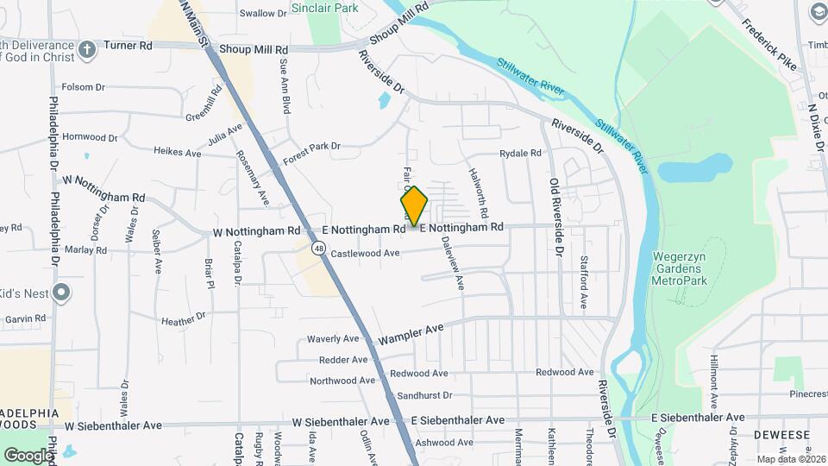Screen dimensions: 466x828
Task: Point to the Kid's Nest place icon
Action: pyautogui.click(x=60, y=293)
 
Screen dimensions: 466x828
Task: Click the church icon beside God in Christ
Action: pyautogui.click(x=86, y=49)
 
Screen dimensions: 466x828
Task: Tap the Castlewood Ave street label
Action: pyautogui.click(x=366, y=254)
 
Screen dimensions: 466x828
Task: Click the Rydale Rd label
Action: pyautogui.click(x=520, y=154)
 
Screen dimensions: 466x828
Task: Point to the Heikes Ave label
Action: pyautogui.click(x=177, y=152)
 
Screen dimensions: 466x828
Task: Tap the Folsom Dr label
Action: pyautogui.click(x=83, y=87)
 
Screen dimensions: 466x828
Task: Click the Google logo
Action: pyautogui.click(x=28, y=455)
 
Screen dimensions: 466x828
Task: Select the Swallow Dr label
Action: pyautogui.click(x=263, y=13)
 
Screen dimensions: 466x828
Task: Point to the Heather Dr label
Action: pyautogui.click(x=184, y=319)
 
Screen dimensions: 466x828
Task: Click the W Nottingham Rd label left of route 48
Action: pyautogui.click(x=257, y=231)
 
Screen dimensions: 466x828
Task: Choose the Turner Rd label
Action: pyautogui.click(x=127, y=44)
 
